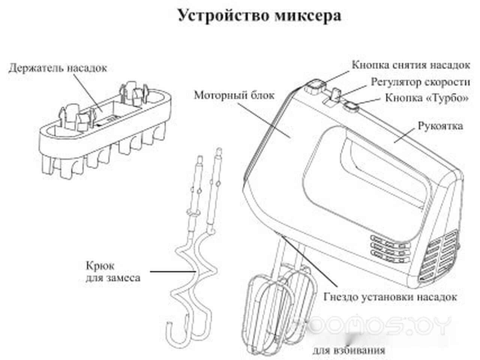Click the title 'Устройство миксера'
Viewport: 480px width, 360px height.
point(259,16)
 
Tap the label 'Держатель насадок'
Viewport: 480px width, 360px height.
point(58,68)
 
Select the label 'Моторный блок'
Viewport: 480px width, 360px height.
point(234,95)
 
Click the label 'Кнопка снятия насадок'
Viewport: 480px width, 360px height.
point(411,65)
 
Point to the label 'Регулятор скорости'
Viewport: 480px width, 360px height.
point(420,82)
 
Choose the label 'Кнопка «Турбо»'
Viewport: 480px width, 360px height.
point(427,98)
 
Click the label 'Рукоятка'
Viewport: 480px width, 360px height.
point(440,126)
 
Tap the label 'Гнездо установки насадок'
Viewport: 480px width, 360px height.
point(390,297)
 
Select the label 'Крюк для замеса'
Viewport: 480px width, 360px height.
point(113,272)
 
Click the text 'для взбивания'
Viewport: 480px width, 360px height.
point(349,351)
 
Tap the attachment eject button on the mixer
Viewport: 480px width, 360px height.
point(313,87)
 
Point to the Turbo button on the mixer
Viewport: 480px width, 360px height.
point(351,108)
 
